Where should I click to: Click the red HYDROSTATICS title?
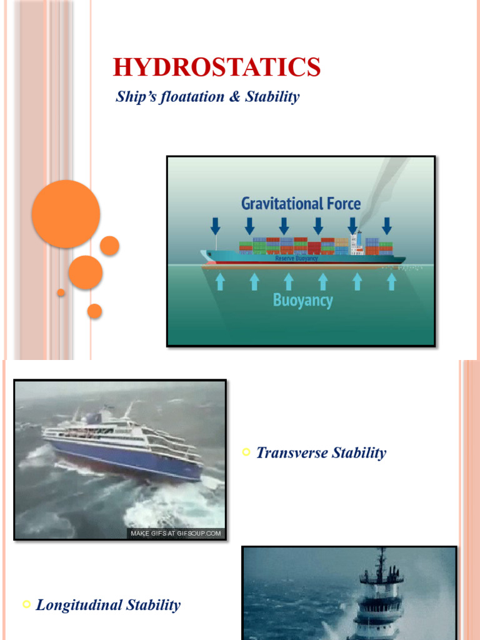pos(217,67)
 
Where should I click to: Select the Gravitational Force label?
pos(301,203)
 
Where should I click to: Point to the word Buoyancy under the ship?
pos(302,301)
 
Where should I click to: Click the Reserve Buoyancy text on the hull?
pos(297,258)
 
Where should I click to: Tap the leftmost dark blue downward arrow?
pos(216,226)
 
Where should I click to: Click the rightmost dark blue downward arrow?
pos(387,226)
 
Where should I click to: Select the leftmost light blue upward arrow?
pos(220,282)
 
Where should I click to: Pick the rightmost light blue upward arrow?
pos(391,282)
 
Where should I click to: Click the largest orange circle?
pos(66,214)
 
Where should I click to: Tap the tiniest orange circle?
pos(61,292)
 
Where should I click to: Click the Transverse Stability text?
pos(321,452)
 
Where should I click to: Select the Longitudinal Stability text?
pos(108,604)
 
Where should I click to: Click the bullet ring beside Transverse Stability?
pos(246,452)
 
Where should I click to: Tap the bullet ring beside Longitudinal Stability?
pos(26,604)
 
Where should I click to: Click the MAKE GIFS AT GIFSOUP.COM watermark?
pos(175,533)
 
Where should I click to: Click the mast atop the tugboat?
pos(381,559)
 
